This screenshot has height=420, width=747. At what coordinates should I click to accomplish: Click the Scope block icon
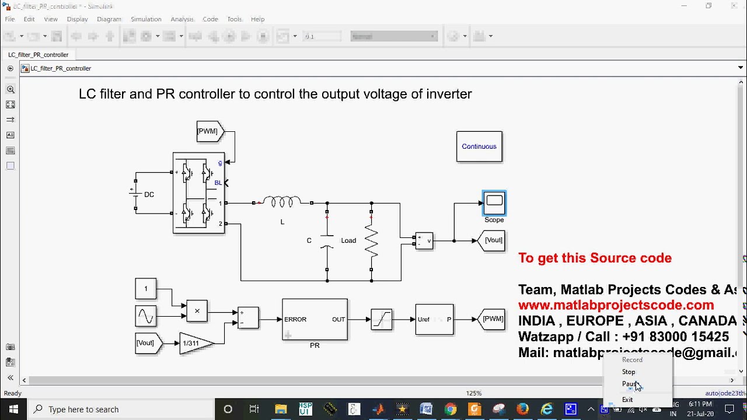coord(494,202)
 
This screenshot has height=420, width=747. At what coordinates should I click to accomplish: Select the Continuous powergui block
coord(479,146)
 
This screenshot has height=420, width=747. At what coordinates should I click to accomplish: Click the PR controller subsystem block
coord(315,319)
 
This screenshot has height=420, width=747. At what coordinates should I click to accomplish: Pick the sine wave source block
coord(145,316)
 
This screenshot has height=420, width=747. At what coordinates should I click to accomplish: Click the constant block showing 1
coord(145,288)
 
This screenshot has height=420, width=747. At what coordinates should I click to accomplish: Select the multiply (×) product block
coord(197,311)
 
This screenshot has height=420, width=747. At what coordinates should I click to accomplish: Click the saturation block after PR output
coord(381,319)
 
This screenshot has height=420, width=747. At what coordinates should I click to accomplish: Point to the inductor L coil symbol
coord(282,202)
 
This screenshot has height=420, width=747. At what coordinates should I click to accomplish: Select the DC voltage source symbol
coord(135,194)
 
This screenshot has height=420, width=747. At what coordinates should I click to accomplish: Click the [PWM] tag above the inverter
coord(209,131)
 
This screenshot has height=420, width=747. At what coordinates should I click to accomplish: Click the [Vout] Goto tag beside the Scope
coord(492,240)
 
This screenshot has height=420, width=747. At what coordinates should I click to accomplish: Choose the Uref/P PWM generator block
coord(434,319)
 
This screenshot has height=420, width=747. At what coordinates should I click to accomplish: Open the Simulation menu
coord(145,19)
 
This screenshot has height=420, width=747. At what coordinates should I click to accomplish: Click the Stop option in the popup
coord(629,372)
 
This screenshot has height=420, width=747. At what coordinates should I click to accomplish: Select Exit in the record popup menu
coord(627,400)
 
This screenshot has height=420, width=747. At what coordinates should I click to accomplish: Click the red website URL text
coord(616,305)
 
